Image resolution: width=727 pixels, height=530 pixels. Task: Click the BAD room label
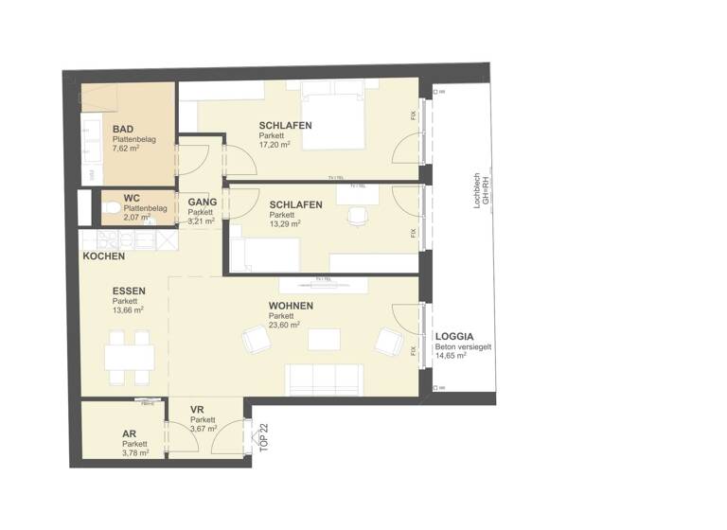coord(122,130)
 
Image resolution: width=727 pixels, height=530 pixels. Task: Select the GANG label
coord(202,203)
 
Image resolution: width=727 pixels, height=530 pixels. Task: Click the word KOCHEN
coord(104,256)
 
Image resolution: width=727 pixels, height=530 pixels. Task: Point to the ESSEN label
coord(128,291)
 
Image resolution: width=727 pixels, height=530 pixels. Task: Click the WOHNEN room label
coord(291,306)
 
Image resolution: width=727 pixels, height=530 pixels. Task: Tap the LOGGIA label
coord(454,337)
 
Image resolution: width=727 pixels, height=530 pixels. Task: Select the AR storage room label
coord(129,433)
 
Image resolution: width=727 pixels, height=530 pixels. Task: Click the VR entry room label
coord(197,411)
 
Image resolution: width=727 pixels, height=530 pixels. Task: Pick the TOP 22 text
coord(264,434)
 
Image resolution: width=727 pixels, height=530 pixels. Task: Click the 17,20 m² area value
coord(274,146)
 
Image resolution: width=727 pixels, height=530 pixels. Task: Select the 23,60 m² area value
coord(284,325)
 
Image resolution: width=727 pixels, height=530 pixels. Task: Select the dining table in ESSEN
coord(130,356)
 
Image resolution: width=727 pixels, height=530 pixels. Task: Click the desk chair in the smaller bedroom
coord(356,216)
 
